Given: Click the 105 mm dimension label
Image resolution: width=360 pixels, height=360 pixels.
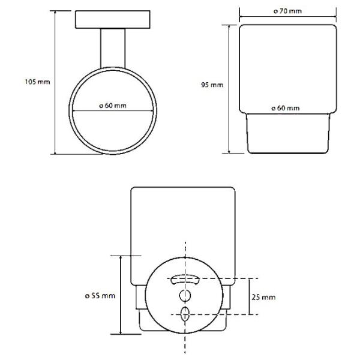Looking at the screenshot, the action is tap(37, 82).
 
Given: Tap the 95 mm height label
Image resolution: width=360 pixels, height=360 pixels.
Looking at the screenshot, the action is tap(212, 85).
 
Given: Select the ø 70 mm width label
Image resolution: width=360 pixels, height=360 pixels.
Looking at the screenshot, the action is tap(287, 11).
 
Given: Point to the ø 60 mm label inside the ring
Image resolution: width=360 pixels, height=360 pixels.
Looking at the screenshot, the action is tap(113, 106).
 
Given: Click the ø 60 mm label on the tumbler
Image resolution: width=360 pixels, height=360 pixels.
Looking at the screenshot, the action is tap(286, 108).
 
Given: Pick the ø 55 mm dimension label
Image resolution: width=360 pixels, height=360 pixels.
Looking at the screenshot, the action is tap(100, 296).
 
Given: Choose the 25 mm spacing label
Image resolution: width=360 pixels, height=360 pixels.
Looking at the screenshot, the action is tap(263, 298).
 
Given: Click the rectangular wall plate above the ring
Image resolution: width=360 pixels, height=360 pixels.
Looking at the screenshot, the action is tap(113, 20).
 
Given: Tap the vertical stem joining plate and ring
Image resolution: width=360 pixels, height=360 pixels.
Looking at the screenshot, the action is tap(113, 48).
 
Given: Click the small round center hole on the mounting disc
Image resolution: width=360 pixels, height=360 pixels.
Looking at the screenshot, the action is tap(185, 295).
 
